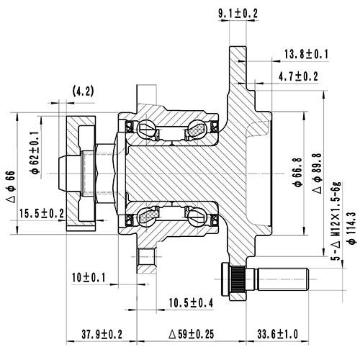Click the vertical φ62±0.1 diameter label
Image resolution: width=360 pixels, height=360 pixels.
34,149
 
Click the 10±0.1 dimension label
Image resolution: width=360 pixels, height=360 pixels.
90,277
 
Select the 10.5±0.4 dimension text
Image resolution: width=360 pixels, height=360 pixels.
190,303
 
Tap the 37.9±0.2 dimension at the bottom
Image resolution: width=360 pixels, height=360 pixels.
101,334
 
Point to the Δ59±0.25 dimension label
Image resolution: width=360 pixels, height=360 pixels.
187,334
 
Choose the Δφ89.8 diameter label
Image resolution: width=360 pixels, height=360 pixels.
317,173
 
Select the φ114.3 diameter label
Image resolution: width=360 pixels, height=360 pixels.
351,229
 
